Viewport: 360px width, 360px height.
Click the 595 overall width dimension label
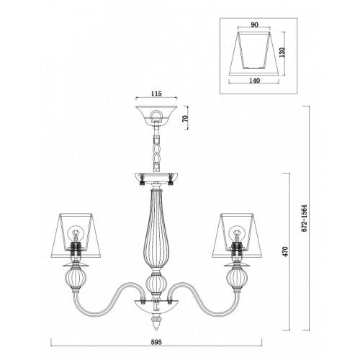click(x=156, y=342)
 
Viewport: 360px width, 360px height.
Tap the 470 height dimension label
click(x=285, y=251)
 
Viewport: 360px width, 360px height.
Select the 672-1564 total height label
click(x=305, y=218)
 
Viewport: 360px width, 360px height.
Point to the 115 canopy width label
click(x=156, y=94)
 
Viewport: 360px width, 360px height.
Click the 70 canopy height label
click(x=185, y=119)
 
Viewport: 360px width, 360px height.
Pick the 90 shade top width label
click(x=254, y=24)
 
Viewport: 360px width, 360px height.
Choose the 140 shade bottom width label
click(x=254, y=81)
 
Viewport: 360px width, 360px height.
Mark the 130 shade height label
click(x=282, y=53)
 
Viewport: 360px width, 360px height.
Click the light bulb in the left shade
click(x=76, y=233)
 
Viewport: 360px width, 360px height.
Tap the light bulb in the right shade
click(x=237, y=233)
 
